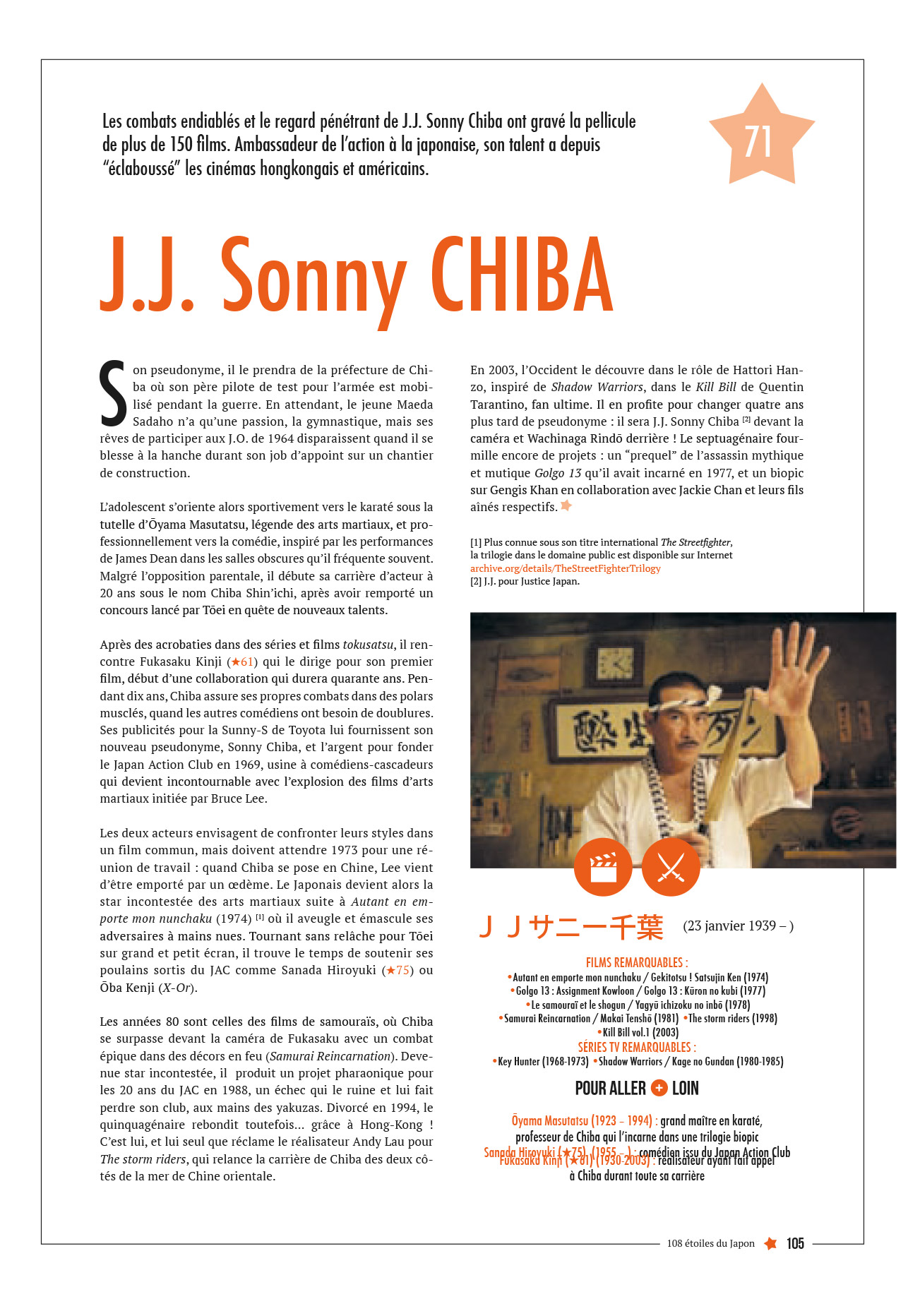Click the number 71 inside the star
pos(758,142)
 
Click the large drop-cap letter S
pos(113,394)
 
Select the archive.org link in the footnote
pos(565,568)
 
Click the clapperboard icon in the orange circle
pos(602,868)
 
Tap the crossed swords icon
pos(670,868)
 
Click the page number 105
pos(795,1243)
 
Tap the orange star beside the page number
pos(770,1243)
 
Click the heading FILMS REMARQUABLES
pos(636,962)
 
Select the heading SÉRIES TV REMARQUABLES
pos(636,1047)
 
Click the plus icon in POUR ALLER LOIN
pos(659,1088)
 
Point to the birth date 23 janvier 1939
pos(737,926)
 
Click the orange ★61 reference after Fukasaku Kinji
pos(242,662)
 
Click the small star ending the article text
pos(566,505)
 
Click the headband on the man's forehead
pos(673,707)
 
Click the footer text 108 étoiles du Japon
pos(710,1243)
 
